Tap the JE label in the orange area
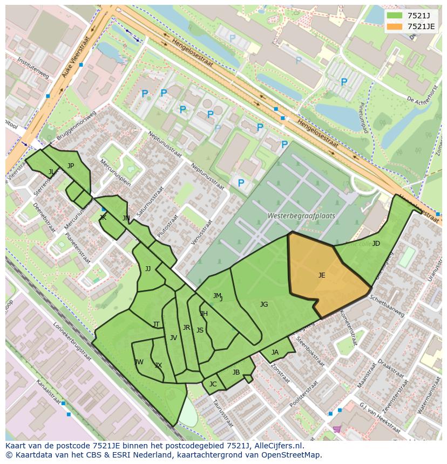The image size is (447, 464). (x=322, y=275)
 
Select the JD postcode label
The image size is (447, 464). (x=376, y=244)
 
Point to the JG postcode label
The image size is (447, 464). (x=264, y=304)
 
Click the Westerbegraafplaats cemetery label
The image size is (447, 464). (x=301, y=216)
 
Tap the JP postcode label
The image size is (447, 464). (x=71, y=166)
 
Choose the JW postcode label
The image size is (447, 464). (x=139, y=362)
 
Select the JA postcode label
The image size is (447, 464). (x=275, y=352)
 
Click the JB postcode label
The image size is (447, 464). (x=236, y=372)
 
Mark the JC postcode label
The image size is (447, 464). (x=213, y=384)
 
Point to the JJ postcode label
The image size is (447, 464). (x=148, y=269)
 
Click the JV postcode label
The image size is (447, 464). (x=173, y=338)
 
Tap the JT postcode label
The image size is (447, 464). (x=156, y=324)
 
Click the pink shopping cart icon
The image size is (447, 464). (x=337, y=429)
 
